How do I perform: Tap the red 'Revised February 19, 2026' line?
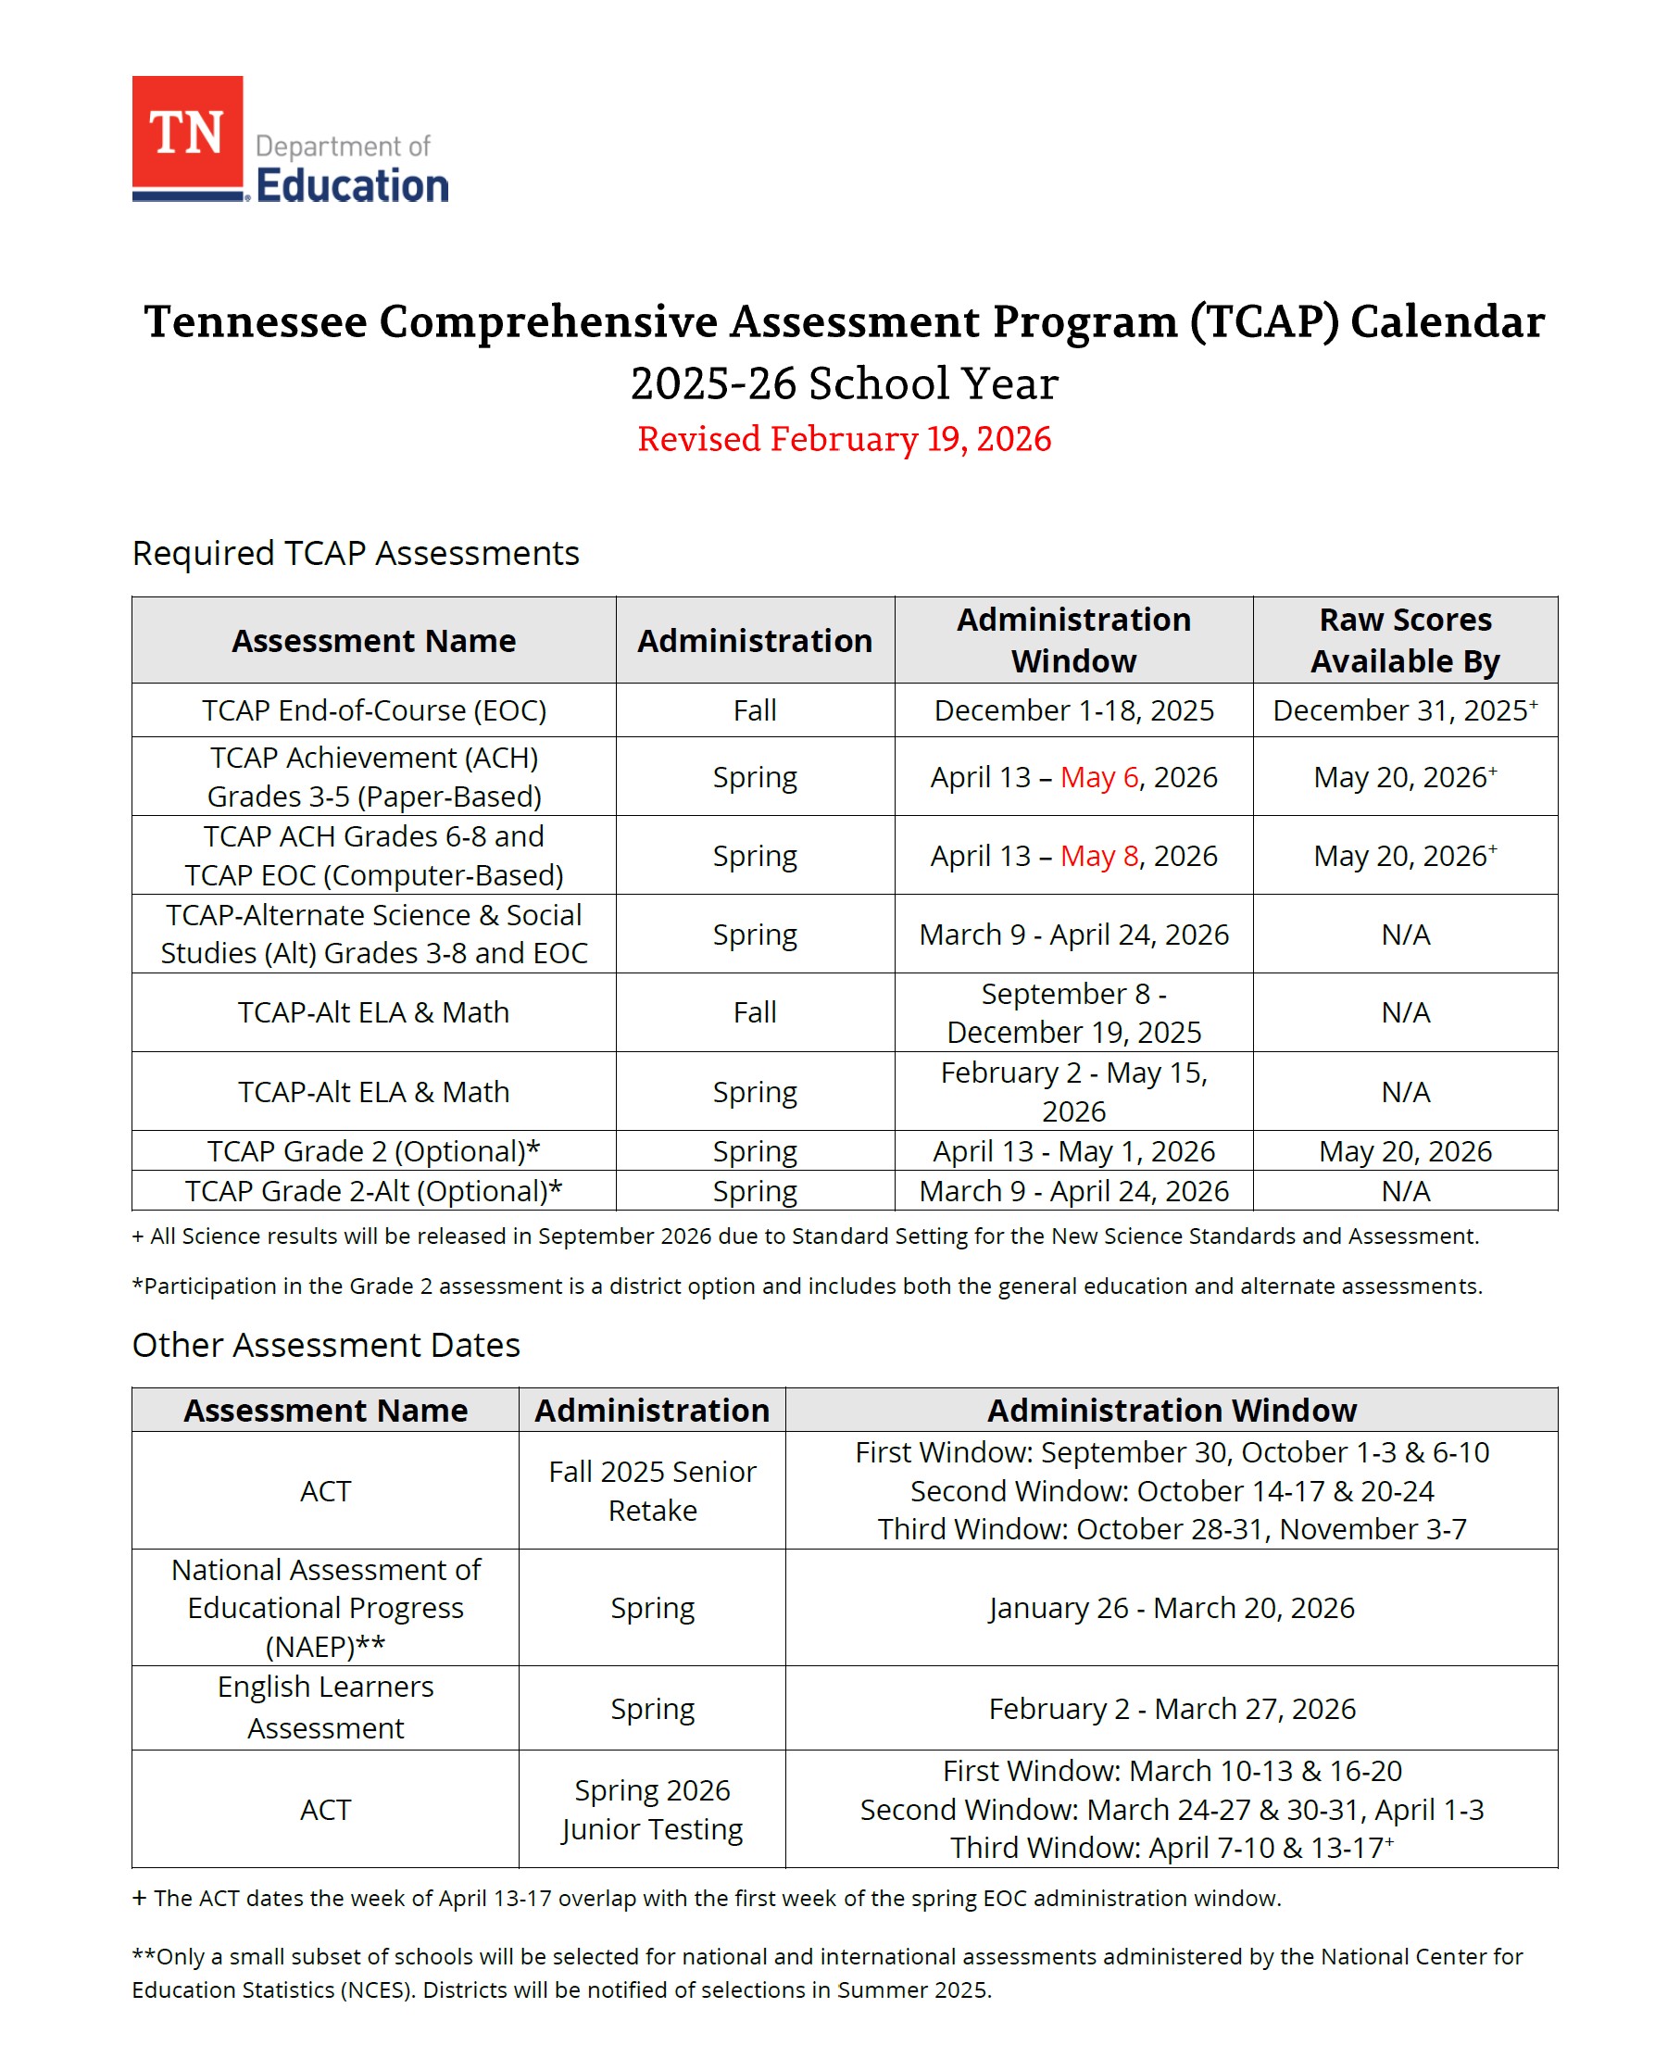(x=843, y=439)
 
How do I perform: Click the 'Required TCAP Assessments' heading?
(x=355, y=554)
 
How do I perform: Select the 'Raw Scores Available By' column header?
(x=1404, y=640)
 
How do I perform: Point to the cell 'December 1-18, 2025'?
(x=1073, y=710)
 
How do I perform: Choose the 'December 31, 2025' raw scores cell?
(x=1399, y=710)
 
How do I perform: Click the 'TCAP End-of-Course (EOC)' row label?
(x=373, y=710)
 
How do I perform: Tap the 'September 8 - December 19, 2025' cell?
(x=1073, y=1012)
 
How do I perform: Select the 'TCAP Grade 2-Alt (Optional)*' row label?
(x=373, y=1190)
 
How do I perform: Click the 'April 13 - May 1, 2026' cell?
(x=1073, y=1150)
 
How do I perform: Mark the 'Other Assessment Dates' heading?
(x=326, y=1345)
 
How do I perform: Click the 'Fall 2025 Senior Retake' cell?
(x=652, y=1490)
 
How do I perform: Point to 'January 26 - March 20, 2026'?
(x=1171, y=1607)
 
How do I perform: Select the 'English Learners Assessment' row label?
(x=325, y=1708)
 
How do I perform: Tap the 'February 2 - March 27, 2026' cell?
(x=1171, y=1709)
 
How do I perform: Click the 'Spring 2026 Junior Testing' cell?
(x=652, y=1810)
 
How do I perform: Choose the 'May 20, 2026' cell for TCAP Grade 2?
(x=1404, y=1150)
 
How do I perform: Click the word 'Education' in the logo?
(x=352, y=186)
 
